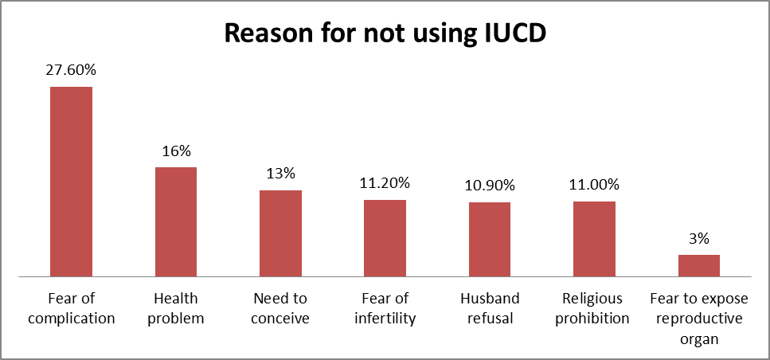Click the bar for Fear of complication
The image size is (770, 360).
[x=72, y=181]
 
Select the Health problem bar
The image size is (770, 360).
[x=176, y=221]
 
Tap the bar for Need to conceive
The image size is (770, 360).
[x=280, y=233]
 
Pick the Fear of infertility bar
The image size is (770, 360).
[x=385, y=237]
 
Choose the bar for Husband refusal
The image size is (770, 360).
[x=490, y=239]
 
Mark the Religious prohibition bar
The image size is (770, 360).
[x=594, y=238]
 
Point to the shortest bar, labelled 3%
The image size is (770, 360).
[x=698, y=265]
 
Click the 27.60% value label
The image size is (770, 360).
[x=72, y=71]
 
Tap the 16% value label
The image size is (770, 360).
[x=176, y=151]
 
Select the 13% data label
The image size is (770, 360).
[x=280, y=174]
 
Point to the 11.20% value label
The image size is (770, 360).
[x=385, y=184]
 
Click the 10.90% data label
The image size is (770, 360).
[x=490, y=186]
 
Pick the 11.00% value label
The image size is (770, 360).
[x=594, y=185]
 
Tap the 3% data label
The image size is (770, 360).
[x=698, y=238]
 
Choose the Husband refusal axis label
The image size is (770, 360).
[x=490, y=308]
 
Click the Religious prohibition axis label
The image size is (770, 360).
[x=594, y=308]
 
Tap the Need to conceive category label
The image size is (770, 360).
[x=280, y=308]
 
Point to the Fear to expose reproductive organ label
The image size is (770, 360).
[x=698, y=318]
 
